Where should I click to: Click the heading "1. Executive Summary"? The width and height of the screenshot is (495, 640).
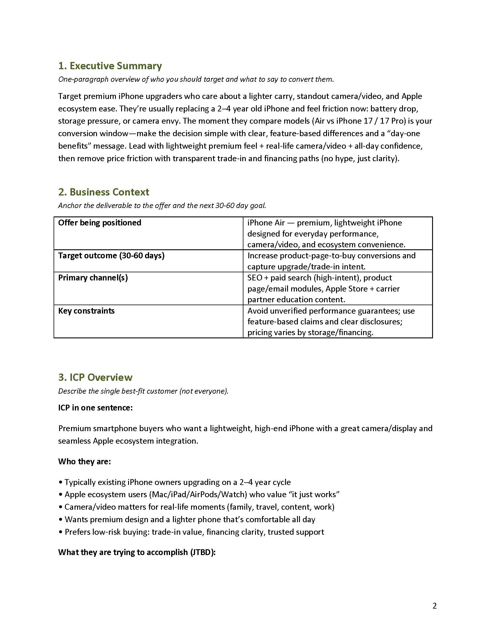(110, 66)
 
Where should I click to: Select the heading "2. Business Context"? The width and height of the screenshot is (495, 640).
(104, 192)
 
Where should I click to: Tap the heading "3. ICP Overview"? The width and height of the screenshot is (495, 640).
(95, 377)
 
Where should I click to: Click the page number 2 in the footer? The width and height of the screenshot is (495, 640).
(434, 606)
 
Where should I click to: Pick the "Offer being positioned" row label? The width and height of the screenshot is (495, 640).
(99, 223)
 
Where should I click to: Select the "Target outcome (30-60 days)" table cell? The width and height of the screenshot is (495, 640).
(111, 255)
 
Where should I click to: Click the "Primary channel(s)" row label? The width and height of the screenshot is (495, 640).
(93, 278)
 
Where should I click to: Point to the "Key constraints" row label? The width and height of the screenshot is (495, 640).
(86, 311)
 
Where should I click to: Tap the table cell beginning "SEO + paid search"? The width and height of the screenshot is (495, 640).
(323, 289)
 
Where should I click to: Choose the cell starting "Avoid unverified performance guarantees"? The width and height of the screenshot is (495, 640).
(331, 321)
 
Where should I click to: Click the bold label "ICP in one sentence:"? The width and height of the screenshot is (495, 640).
(95, 408)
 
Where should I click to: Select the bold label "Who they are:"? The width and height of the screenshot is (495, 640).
(84, 462)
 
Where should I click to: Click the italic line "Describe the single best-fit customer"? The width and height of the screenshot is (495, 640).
(143, 391)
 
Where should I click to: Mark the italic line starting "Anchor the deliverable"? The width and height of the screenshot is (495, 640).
(162, 205)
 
